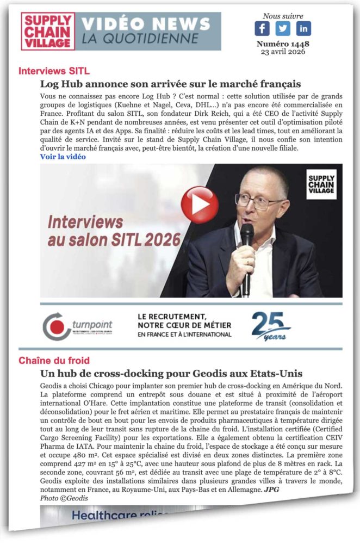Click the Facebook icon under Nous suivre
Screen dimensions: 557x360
pos(262,28)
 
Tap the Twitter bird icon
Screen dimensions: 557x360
pos(283,28)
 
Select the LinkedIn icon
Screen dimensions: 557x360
pos(303,28)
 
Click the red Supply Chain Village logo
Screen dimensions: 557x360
pos(48,32)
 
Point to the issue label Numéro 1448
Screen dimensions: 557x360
pos(282,44)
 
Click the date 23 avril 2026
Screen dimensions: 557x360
pos(282,52)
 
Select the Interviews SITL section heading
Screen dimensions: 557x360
pos(54,71)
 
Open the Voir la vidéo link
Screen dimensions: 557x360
pos(63,157)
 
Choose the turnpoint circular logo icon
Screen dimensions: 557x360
pos(57,326)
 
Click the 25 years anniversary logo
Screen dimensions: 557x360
pos(270,325)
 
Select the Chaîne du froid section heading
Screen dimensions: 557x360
pos(54,361)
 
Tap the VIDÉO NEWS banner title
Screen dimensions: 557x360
pos(145,24)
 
